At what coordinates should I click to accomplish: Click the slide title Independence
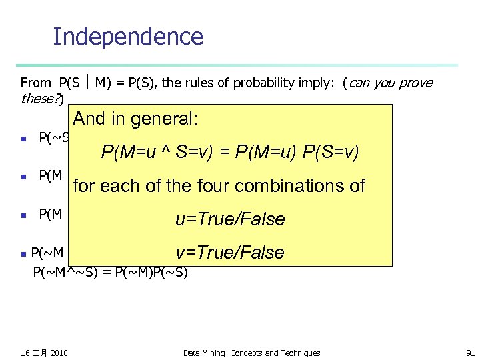point(127,36)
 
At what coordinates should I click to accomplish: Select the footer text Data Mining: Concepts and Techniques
point(251,353)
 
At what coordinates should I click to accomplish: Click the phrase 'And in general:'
point(135,119)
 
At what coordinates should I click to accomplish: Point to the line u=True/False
point(230,219)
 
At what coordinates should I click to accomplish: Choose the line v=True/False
point(230,253)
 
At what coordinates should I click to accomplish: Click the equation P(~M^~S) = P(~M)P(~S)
point(111,271)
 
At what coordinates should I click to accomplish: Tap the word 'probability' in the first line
point(280,83)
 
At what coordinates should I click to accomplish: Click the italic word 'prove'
point(417,83)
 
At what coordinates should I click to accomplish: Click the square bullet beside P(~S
point(23,139)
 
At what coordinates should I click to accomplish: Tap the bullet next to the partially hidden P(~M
point(23,253)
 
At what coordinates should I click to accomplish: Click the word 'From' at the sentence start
point(36,83)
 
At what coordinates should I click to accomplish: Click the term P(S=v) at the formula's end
point(331,153)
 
